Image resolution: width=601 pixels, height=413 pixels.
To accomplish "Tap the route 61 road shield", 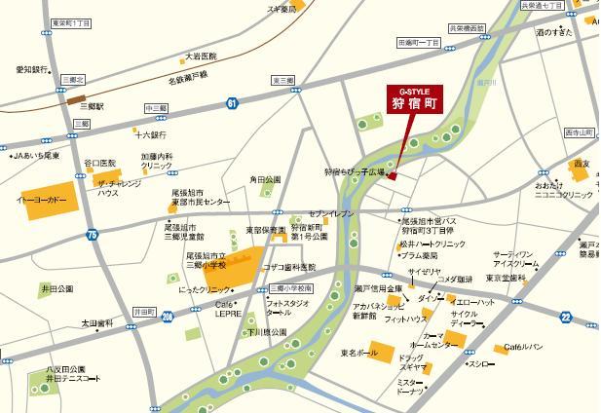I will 231,101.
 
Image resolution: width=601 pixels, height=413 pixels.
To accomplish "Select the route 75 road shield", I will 92,235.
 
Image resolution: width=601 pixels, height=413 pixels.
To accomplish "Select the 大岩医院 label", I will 200,56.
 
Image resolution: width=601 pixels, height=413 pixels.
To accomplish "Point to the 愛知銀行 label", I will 32,70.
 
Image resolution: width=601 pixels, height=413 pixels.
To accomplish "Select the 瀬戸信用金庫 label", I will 378,289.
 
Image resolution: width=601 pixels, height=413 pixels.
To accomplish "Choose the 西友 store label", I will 582,164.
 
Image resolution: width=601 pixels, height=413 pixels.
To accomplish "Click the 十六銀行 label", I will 151,134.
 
